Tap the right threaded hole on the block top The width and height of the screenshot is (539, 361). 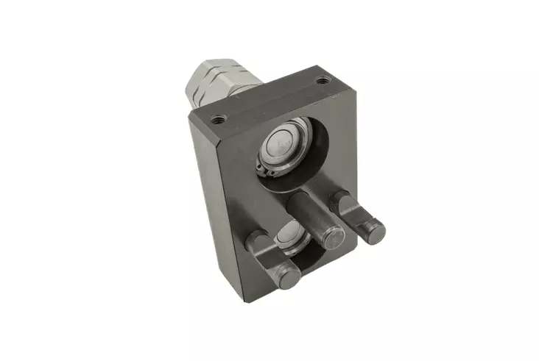(x=320, y=79)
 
